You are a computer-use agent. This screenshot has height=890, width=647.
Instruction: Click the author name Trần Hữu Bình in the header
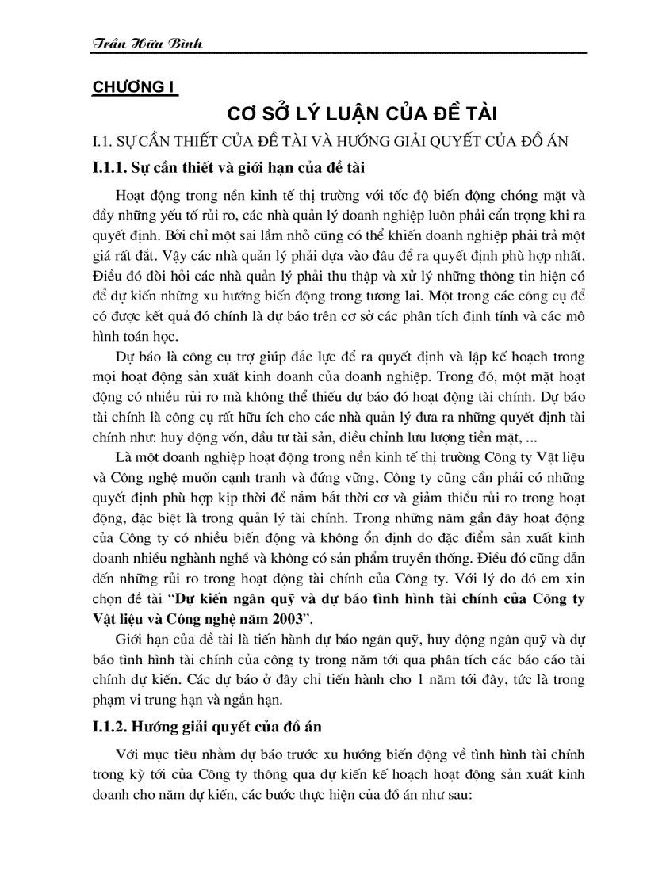[x=147, y=43]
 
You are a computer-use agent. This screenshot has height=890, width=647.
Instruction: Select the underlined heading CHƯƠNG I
[x=135, y=87]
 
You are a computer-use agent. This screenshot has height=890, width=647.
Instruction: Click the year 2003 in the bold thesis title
[x=283, y=620]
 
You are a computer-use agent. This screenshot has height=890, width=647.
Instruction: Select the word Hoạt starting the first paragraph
[x=130, y=195]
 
